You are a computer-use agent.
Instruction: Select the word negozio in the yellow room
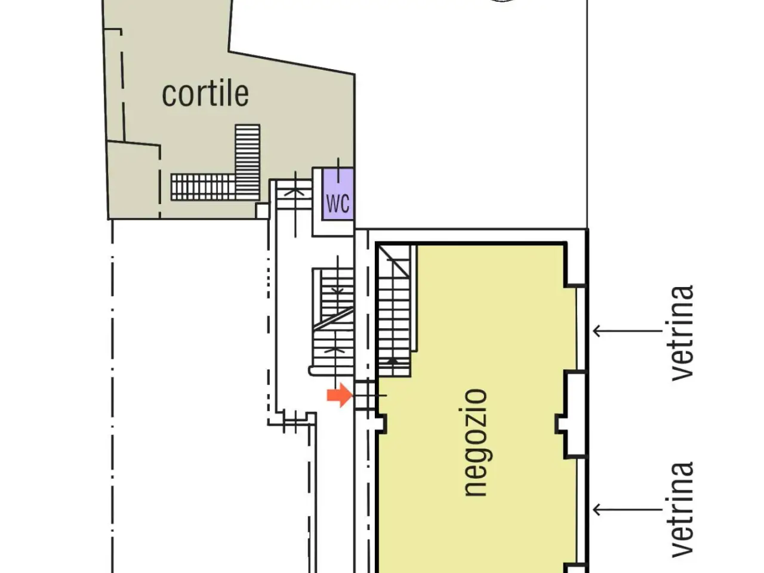(476, 442)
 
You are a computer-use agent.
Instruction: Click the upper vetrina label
(682, 333)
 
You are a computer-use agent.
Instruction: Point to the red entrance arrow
(340, 395)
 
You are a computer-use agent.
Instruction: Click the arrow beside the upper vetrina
(627, 331)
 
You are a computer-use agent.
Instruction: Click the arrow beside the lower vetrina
(627, 510)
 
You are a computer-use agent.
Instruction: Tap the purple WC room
(338, 194)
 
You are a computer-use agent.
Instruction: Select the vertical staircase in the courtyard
(248, 162)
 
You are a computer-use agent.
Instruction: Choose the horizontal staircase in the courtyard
(203, 187)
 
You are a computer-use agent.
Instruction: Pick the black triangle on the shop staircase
(393, 361)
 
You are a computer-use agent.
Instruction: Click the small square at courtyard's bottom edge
(262, 211)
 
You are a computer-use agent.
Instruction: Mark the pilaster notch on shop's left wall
(381, 423)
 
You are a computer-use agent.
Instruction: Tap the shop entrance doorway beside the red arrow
(365, 395)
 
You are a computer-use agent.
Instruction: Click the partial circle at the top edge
(502, 1)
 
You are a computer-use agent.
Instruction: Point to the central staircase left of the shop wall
(333, 322)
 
